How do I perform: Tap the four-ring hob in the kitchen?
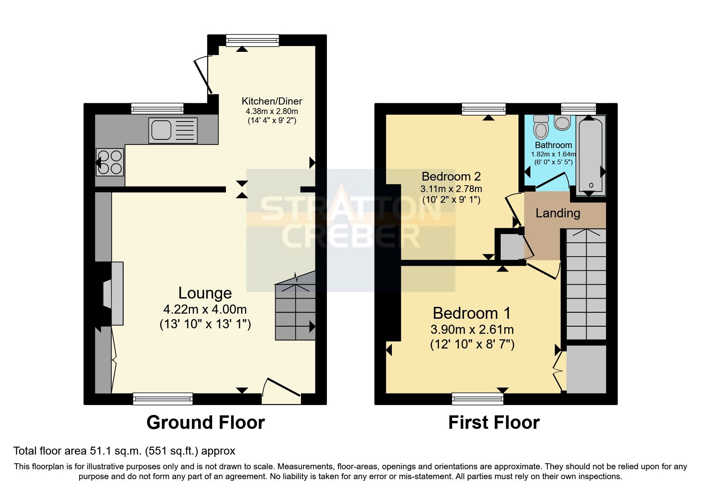point(110,162)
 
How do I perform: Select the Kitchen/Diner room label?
point(272,101)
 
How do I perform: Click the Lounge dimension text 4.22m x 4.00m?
point(205,309)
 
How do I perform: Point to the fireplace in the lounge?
point(113,293)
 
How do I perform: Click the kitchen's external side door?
point(203,75)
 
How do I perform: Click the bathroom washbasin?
point(562,122)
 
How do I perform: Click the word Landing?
point(558,213)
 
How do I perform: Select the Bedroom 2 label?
point(451,176)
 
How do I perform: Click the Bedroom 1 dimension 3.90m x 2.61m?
point(472,329)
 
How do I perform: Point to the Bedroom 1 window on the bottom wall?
point(477,399)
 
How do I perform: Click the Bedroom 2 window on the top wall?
point(484,109)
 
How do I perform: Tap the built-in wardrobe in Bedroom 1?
point(586,369)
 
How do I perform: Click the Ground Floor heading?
point(205,422)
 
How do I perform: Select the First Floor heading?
point(494,422)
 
